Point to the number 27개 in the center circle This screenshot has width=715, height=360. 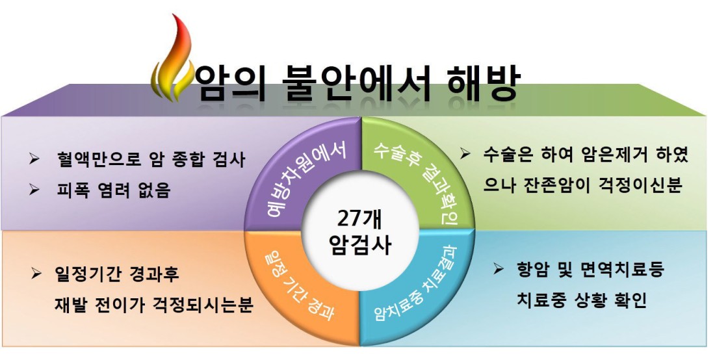click(360, 219)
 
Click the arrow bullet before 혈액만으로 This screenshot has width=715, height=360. click(34, 159)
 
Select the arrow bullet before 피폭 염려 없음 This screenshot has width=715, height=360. click(34, 189)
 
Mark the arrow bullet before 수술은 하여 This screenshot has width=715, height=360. click(465, 153)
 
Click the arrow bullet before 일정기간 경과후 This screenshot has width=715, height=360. click(36, 274)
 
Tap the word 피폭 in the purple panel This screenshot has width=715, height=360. click(73, 189)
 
